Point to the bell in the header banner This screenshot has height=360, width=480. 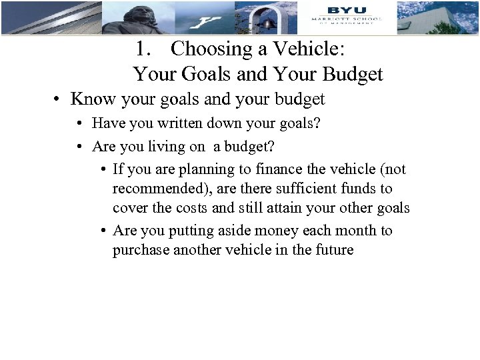coord(268,22)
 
